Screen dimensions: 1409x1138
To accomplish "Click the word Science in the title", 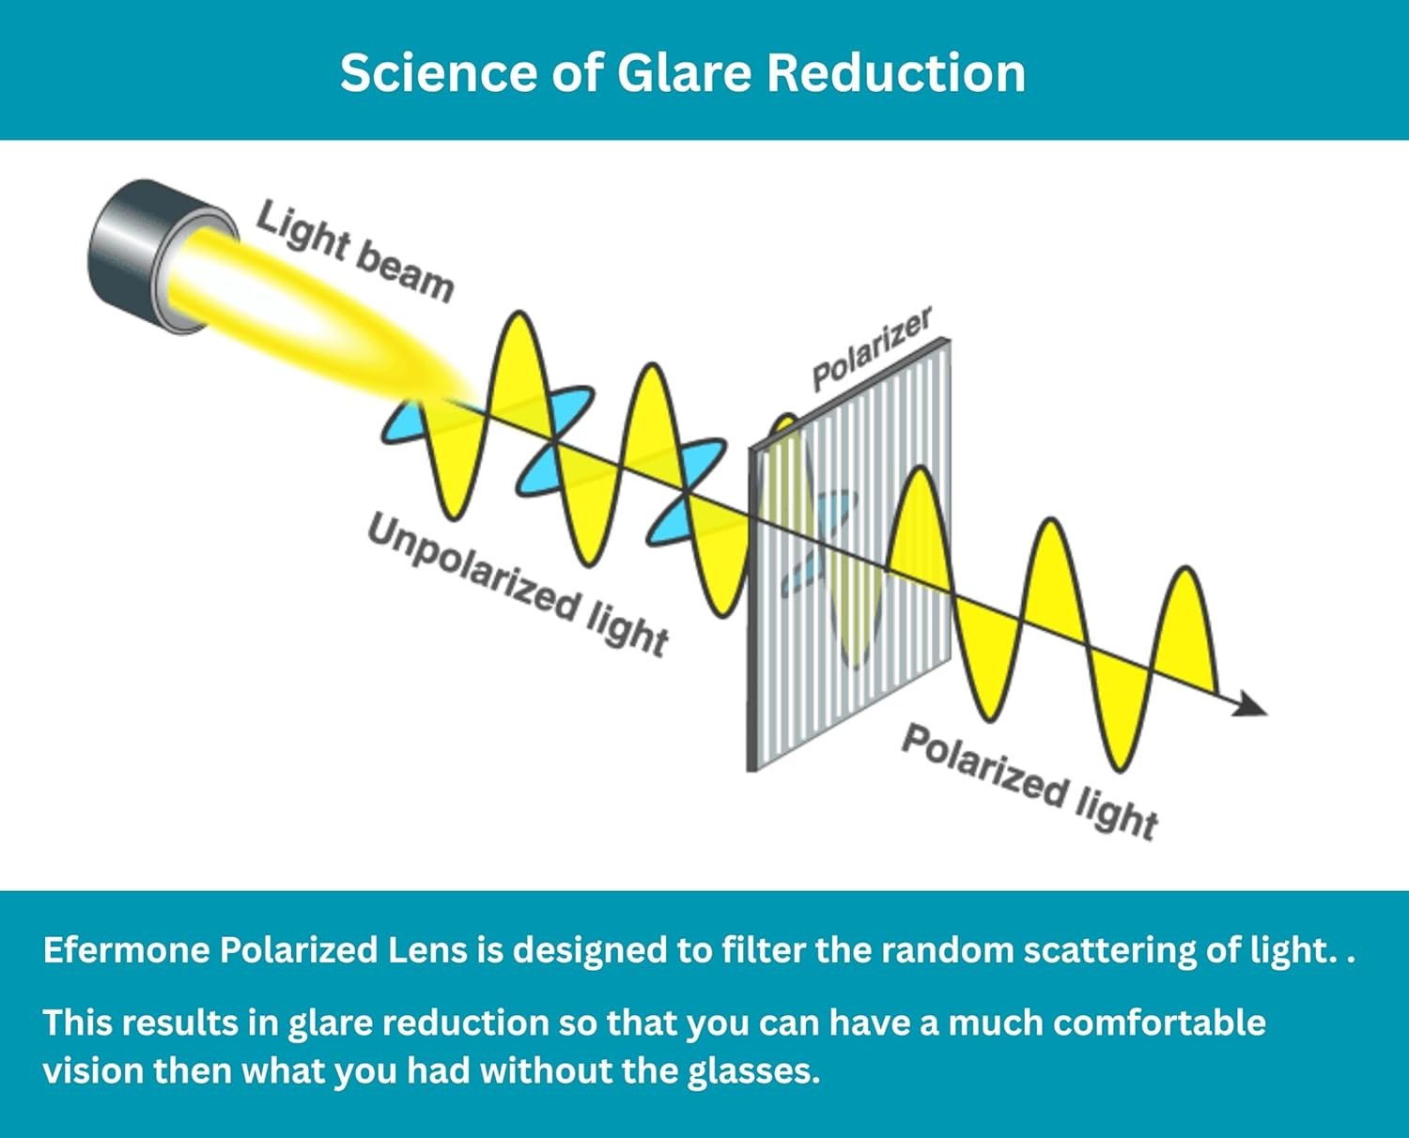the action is click(439, 72).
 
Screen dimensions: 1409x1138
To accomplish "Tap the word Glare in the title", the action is click(685, 72).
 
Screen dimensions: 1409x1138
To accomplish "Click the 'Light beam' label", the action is click(355, 252).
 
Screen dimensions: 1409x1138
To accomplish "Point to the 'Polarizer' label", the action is click(872, 348).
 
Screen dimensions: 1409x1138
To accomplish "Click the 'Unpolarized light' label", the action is click(518, 585).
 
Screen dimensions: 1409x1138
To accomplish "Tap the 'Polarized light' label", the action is click(1030, 782).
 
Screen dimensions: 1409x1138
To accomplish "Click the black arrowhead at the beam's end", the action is click(1249, 704).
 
